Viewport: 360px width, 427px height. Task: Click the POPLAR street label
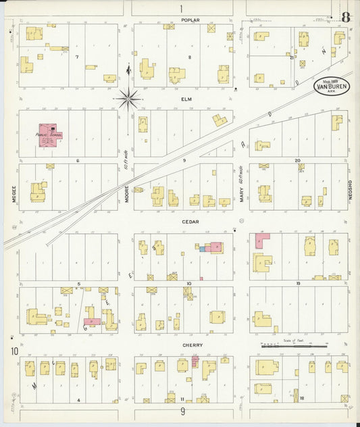pyautogui.click(x=190, y=20)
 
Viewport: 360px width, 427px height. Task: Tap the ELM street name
pyautogui.click(x=187, y=99)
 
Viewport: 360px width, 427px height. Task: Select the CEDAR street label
pyautogui.click(x=188, y=220)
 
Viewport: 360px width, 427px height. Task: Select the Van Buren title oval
pyautogui.click(x=331, y=87)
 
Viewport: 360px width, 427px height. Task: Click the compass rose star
pyautogui.click(x=128, y=99)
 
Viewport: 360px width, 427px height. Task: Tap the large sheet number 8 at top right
pyautogui.click(x=346, y=17)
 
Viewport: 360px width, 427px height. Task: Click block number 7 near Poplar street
pyautogui.click(x=77, y=57)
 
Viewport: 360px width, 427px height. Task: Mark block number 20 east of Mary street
pyautogui.click(x=297, y=161)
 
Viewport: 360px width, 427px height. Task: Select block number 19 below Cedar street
pyautogui.click(x=297, y=284)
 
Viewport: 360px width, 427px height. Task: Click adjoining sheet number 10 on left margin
pyautogui.click(x=14, y=351)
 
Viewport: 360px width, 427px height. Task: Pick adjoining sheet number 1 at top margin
pyautogui.click(x=181, y=8)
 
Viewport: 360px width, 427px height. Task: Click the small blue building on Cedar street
pyautogui.click(x=202, y=249)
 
